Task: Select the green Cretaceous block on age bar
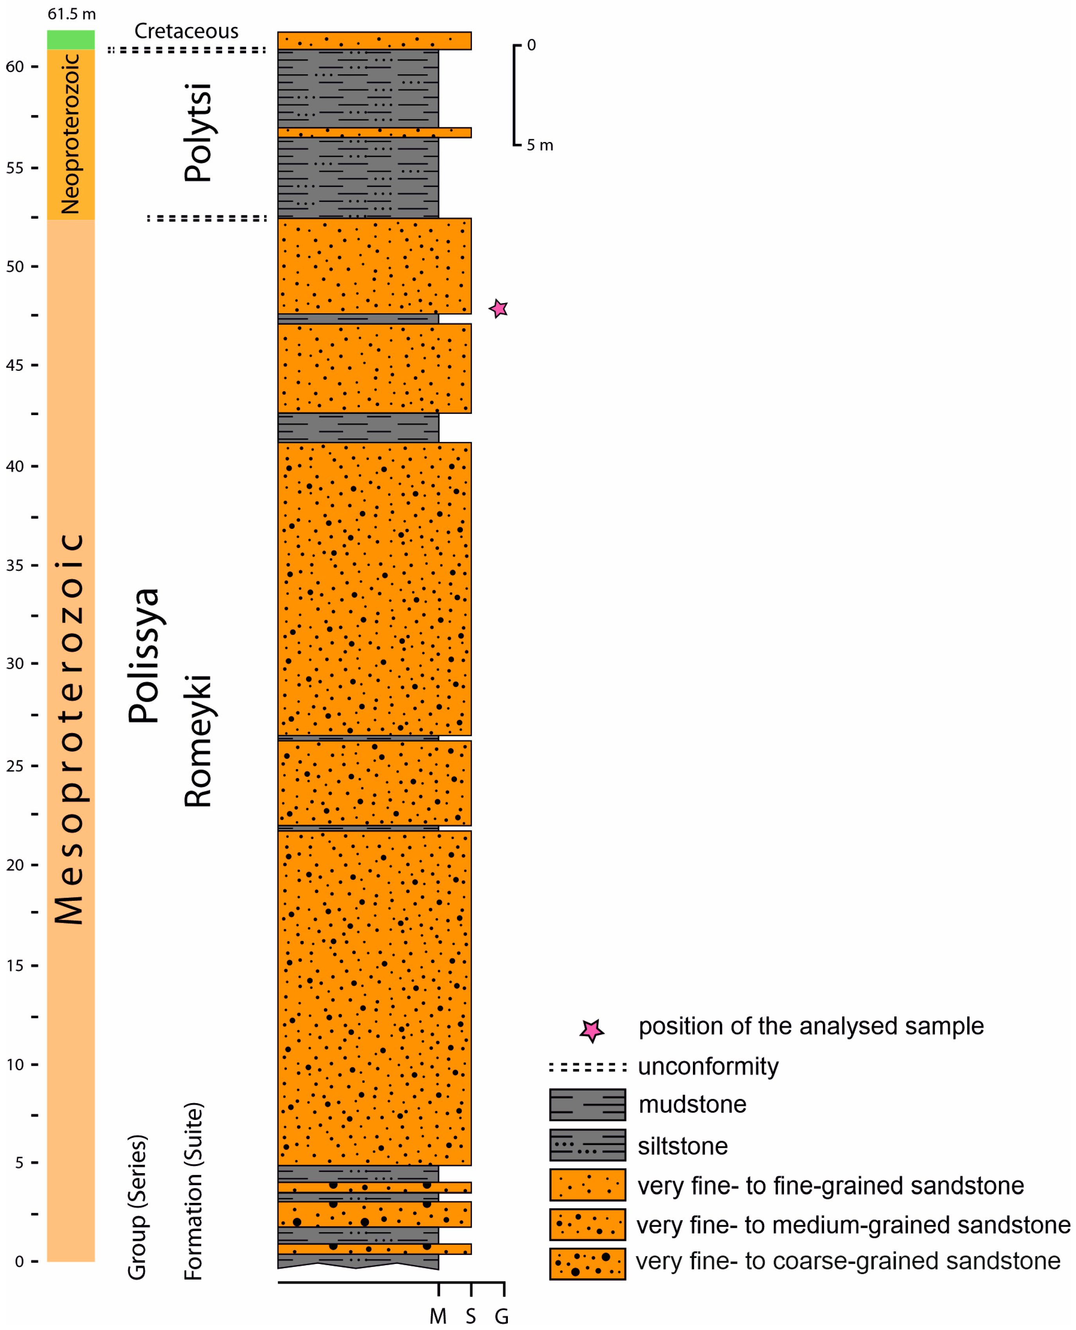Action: tap(71, 40)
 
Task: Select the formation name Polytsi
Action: tap(198, 132)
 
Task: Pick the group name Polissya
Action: tap(144, 656)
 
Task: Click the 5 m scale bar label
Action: tap(539, 145)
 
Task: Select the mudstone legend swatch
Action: tap(587, 1104)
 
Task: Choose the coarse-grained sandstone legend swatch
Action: tap(587, 1263)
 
